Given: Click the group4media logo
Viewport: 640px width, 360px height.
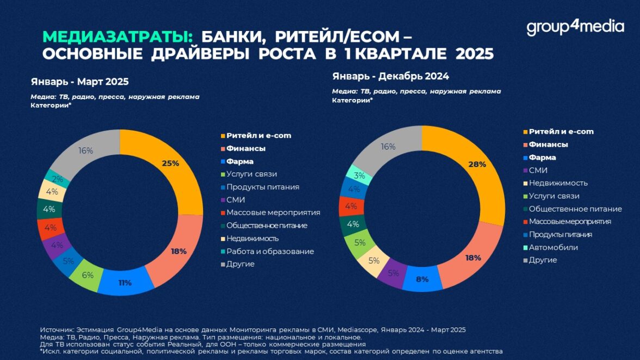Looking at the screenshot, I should [575, 27].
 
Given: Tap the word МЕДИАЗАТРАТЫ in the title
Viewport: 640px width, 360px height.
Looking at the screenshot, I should [118, 37].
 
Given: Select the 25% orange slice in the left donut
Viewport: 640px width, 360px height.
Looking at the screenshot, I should [170, 164].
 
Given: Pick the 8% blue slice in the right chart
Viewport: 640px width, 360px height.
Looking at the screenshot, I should [422, 279].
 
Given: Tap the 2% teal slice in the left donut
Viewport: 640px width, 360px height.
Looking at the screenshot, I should [58, 179].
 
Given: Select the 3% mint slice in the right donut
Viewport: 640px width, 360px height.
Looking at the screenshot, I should [359, 175].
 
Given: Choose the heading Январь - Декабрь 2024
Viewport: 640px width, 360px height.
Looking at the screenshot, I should [390, 76].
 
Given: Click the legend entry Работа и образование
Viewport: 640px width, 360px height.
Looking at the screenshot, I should [270, 251].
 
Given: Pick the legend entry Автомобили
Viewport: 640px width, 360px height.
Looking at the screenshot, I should [553, 247].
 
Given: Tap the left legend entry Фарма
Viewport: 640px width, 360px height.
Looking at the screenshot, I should [240, 162].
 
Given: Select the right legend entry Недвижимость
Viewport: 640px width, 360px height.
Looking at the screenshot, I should [558, 183].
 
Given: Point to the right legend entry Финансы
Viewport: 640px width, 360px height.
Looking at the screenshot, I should [548, 145].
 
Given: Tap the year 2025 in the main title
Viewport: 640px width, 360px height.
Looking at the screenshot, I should [474, 55].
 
